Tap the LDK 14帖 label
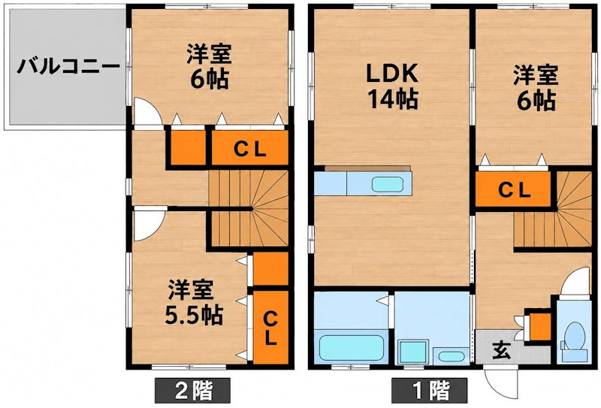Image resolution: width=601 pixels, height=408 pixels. click(392, 86)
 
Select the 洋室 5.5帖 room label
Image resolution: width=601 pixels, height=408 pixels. click(194, 302)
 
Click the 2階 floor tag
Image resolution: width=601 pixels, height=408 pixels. click(193, 391)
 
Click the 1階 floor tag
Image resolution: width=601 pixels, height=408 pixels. click(429, 391)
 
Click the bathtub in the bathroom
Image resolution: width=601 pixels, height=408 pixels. click(351, 348)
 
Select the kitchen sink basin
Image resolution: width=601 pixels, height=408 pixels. click(388, 184)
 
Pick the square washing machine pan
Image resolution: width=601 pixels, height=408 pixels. click(412, 352)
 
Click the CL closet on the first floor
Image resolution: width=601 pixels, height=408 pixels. click(513, 189)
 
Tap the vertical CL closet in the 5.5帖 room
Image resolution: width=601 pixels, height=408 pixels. click(270, 328)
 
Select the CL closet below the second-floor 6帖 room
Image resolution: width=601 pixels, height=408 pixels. click(250, 148)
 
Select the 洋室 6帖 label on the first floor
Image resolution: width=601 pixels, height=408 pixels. click(536, 87)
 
